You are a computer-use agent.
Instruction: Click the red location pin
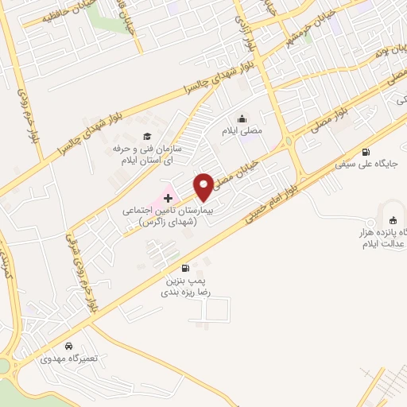point(203,186)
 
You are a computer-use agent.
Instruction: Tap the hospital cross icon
point(168,196)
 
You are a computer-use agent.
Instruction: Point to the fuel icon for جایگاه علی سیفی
point(366,153)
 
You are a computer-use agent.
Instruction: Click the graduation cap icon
point(146,135)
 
